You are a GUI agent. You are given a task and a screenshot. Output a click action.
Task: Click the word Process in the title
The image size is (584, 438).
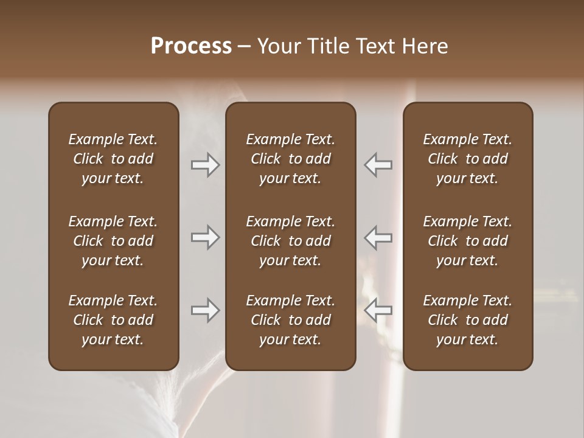click(x=191, y=46)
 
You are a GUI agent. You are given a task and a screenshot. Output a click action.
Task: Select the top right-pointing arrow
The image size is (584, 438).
click(x=205, y=165)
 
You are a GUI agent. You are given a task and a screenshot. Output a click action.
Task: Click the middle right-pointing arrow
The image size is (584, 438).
click(x=205, y=237)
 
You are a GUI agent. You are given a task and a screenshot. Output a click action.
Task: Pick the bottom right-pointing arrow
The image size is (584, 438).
click(x=205, y=310)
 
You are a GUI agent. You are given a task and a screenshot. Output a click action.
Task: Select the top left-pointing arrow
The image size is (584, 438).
click(x=378, y=165)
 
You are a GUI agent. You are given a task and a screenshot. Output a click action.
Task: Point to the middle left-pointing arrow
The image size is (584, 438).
click(x=378, y=237)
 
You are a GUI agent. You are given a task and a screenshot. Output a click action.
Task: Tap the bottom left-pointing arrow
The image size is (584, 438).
click(x=378, y=310)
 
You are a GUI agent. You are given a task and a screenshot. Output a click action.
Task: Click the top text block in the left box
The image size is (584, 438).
click(x=113, y=159)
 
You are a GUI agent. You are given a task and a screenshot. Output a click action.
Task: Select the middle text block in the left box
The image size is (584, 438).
click(x=113, y=241)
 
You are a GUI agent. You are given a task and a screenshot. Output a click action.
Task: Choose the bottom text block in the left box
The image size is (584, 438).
click(x=113, y=320)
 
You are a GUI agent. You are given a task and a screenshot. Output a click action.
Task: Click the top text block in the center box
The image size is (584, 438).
click(x=290, y=159)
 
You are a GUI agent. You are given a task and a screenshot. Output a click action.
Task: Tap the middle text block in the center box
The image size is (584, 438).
click(x=290, y=241)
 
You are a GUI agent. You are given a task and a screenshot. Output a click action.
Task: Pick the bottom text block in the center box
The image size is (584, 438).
click(x=290, y=320)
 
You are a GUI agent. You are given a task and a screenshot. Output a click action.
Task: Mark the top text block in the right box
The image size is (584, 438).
click(x=467, y=159)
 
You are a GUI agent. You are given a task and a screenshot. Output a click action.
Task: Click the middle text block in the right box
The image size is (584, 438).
click(x=467, y=241)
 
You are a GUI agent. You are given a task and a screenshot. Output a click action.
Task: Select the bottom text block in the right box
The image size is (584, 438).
click(x=467, y=320)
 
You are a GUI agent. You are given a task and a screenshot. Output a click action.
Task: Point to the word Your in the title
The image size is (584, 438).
click(x=278, y=46)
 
